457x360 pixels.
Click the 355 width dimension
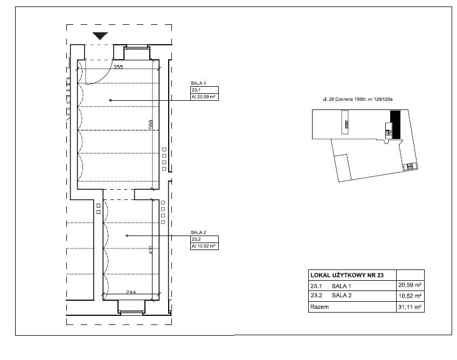pos(118,67)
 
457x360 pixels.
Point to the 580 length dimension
pos(150,125)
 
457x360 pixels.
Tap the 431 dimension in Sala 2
pos(150,250)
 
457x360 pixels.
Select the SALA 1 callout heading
pos(198,84)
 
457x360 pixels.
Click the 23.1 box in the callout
pos(204,90)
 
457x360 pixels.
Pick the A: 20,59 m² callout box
pos(204,97)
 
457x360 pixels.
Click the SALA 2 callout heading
pos(198,232)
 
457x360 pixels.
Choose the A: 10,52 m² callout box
pos(204,246)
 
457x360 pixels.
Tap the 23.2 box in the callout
pos(204,239)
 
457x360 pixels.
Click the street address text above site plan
pos(357,99)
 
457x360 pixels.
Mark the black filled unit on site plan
pos(396,125)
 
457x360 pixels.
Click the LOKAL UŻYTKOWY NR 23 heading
pos(347,275)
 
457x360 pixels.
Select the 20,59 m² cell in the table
pos(410,285)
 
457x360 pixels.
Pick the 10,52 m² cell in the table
pos(410,296)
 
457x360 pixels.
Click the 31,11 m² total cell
pos(410,307)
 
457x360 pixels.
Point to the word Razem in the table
pos(320,307)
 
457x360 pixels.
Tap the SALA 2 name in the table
pos(342,295)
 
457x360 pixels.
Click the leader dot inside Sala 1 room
pos(110,100)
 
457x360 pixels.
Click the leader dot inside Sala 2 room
pos(127,236)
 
